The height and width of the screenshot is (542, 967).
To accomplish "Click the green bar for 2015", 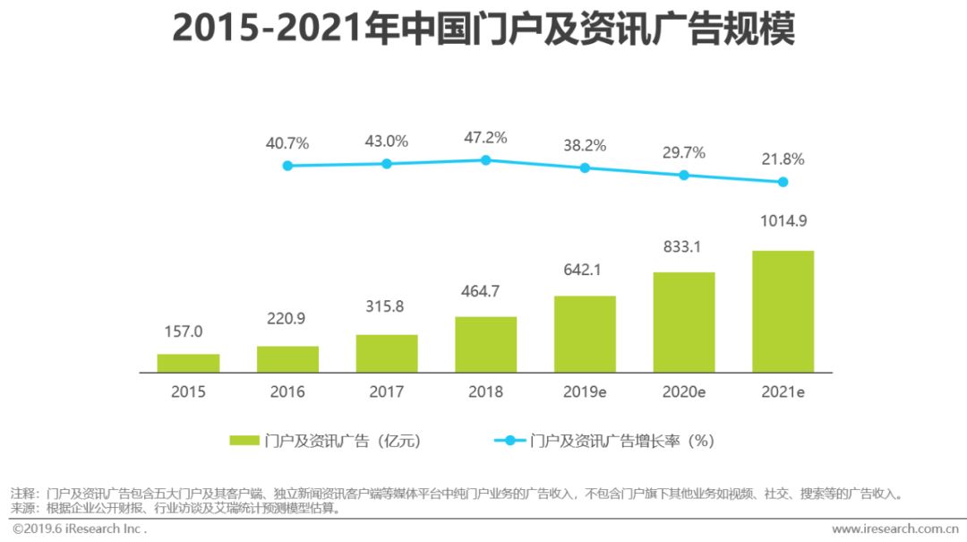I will (x=188, y=363).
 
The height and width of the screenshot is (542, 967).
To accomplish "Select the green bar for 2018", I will (x=485, y=344).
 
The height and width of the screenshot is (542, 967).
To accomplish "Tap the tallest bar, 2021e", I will (x=783, y=311).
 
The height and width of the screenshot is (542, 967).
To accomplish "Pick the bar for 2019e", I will (x=585, y=333).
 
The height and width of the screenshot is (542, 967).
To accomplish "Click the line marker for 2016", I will (x=287, y=166).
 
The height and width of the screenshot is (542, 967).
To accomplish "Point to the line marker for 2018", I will (x=485, y=159).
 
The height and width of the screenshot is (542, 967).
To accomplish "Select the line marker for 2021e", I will (x=783, y=182).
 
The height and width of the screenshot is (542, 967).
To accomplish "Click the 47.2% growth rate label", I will (x=485, y=138).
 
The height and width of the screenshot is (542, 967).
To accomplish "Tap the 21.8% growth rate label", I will (x=783, y=159).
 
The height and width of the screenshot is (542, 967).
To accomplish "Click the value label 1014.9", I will (x=783, y=221).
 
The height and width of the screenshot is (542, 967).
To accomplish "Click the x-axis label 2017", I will (x=386, y=391).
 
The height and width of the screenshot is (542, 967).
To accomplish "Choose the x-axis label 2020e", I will (x=683, y=391).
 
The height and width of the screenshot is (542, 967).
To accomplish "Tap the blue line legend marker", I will (x=509, y=440).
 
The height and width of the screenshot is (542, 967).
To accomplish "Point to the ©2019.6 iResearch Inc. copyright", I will (x=80, y=529).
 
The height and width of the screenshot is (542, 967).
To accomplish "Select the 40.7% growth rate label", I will (x=287, y=142).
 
